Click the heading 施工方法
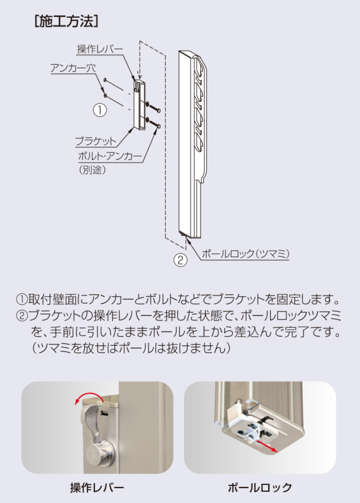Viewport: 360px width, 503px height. [x=65, y=22]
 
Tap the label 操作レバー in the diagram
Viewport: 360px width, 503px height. [x=100, y=49]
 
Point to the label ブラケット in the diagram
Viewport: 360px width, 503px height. [x=95, y=142]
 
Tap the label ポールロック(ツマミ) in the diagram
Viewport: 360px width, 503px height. [x=246, y=254]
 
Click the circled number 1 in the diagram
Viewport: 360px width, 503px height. [x=100, y=110]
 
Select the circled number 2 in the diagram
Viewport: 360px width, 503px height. [x=179, y=260]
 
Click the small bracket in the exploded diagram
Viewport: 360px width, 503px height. [x=139, y=103]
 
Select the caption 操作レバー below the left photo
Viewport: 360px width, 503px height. [x=97, y=487]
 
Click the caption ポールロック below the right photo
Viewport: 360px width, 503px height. [x=259, y=487]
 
